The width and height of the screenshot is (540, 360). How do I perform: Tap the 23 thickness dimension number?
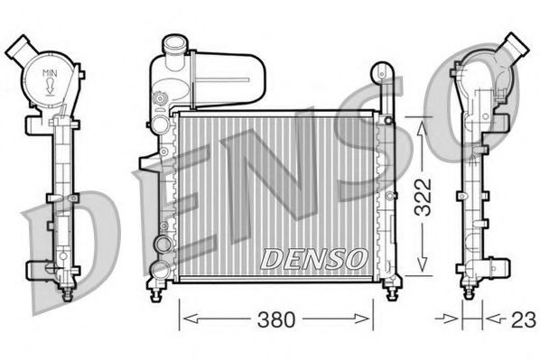[523, 318]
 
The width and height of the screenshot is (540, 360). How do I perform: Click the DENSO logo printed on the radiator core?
[312, 258]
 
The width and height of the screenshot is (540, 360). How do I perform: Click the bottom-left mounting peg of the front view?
[161, 288]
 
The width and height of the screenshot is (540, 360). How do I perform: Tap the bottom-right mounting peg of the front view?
[390, 288]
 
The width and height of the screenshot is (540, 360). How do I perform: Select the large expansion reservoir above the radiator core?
[221, 78]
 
